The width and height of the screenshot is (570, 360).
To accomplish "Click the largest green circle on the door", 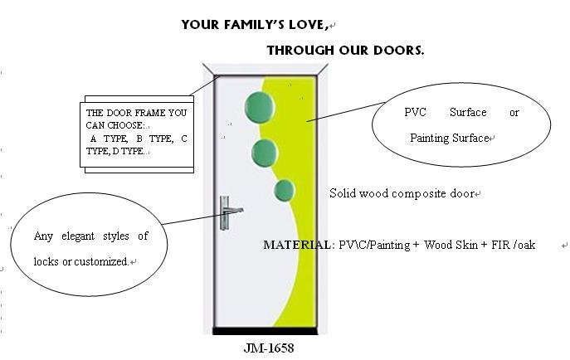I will (x=260, y=105).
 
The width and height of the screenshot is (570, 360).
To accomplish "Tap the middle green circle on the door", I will (x=265, y=152).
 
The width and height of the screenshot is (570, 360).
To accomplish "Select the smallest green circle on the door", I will (x=285, y=191).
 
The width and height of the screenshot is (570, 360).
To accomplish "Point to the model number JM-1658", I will (x=269, y=348).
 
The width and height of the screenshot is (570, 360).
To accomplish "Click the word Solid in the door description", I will (x=343, y=193).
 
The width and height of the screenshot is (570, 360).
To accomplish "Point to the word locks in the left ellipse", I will (x=46, y=261).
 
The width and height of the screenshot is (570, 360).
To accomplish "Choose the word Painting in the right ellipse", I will (x=428, y=138).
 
